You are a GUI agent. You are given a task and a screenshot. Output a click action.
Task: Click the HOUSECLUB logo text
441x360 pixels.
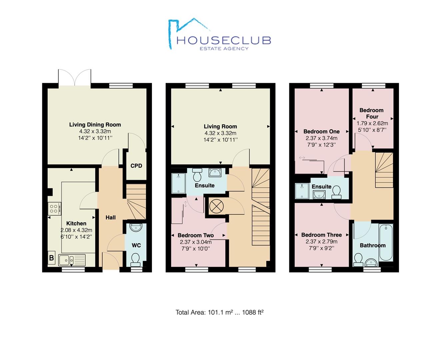[223, 40]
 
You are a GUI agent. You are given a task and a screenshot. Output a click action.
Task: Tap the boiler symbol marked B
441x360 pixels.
[51, 258]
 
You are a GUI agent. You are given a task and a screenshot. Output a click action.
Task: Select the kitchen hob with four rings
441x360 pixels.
[54, 209]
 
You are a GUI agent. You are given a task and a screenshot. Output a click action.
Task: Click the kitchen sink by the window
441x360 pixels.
[72, 259]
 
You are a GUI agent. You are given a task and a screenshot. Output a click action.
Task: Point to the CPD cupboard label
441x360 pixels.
[136, 166]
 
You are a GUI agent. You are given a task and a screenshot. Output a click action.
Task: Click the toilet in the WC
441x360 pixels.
[136, 258]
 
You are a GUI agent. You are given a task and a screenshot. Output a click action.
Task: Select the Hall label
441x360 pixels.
[111, 217]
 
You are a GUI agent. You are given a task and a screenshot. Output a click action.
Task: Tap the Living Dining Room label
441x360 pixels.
[95, 125]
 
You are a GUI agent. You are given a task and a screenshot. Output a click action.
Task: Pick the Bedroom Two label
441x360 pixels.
[196, 235]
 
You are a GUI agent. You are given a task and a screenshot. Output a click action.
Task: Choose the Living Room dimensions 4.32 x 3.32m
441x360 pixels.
[220, 133]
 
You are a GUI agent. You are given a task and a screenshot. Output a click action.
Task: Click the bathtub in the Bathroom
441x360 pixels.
[386, 242]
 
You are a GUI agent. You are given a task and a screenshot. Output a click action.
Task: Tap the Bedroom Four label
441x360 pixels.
[372, 113]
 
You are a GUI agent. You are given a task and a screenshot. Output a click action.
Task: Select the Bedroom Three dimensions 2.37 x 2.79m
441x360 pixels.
[321, 242]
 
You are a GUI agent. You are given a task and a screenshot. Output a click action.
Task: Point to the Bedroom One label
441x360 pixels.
[321, 132]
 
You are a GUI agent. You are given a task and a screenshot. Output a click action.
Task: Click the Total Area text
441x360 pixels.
[219, 312]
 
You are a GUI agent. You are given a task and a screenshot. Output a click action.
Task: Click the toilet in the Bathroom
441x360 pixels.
[358, 259]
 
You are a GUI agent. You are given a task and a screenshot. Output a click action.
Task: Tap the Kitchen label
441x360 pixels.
[76, 223]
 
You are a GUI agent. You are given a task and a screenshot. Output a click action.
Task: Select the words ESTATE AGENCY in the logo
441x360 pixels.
[224, 48]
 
